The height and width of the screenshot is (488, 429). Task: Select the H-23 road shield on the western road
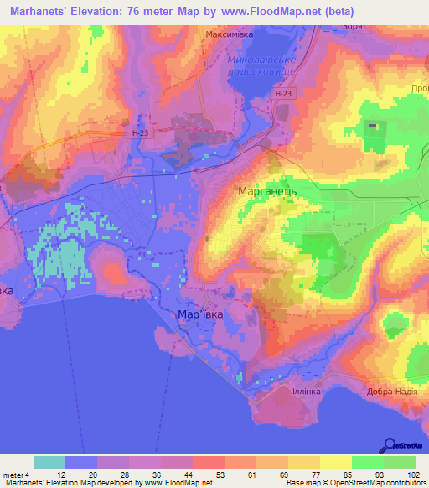click(140, 132)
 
